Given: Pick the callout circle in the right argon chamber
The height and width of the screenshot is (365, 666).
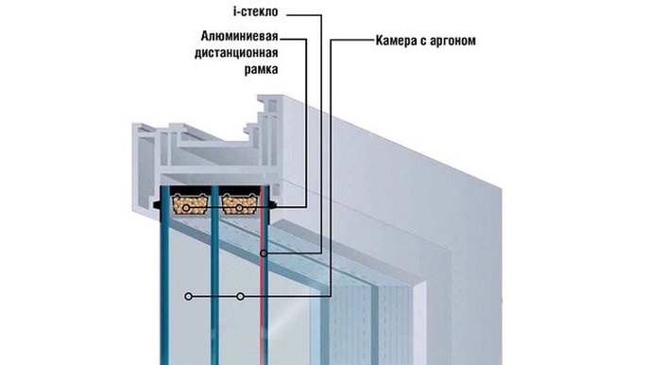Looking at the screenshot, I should click(241, 297).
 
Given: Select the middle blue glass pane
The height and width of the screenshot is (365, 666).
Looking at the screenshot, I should click(216, 284).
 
